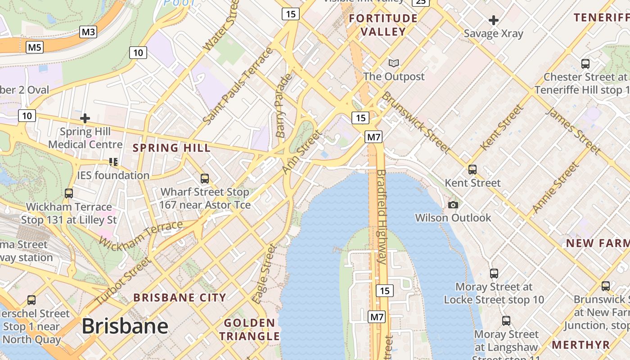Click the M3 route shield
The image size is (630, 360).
(88, 32)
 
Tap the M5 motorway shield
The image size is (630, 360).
(35, 47)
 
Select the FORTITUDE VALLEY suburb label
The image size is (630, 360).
(383, 25)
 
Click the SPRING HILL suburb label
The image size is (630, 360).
(171, 148)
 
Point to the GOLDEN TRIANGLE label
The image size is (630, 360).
(249, 329)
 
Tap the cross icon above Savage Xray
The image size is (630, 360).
(494, 20)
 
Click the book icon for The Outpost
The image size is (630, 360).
(394, 63)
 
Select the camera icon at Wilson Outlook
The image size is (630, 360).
(453, 205)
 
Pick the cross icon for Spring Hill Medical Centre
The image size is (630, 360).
(85, 119)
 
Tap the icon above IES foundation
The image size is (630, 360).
(113, 162)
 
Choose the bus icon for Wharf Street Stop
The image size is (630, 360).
(205, 179)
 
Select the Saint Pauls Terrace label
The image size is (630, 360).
(238, 86)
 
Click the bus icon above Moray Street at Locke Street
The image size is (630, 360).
(494, 273)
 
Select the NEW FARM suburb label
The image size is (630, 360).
(597, 243)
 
